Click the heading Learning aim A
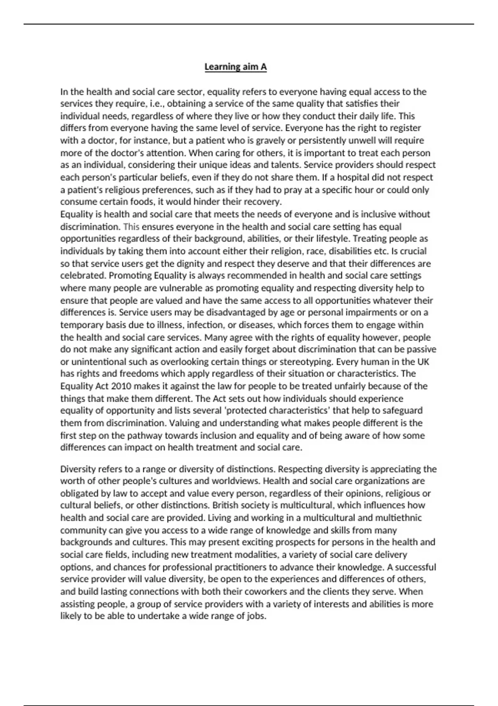coord(235,67)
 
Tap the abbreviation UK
coord(422,362)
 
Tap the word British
coord(227,506)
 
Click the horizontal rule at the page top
coord(249,24)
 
